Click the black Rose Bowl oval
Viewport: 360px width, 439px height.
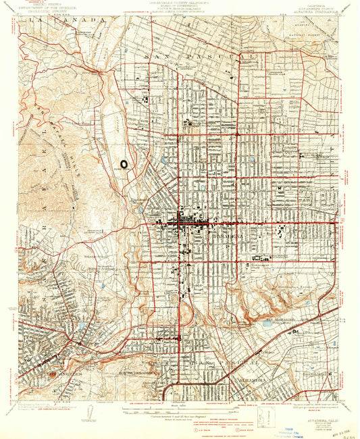point(125,163)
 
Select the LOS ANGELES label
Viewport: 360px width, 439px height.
point(59,372)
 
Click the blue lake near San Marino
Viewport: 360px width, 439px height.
point(267,324)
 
